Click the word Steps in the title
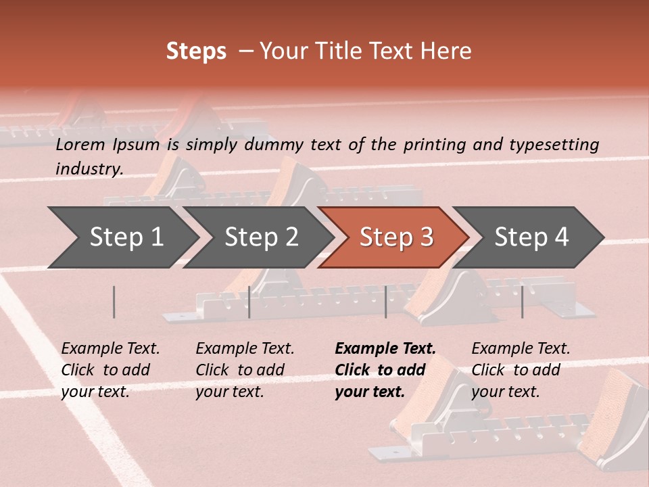point(196,51)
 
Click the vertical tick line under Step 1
point(114,302)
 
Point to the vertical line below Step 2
point(249,302)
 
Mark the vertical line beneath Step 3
point(385,302)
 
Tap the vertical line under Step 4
point(522,302)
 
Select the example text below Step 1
point(110,370)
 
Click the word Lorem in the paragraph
point(80,145)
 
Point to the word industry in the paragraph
point(89,169)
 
